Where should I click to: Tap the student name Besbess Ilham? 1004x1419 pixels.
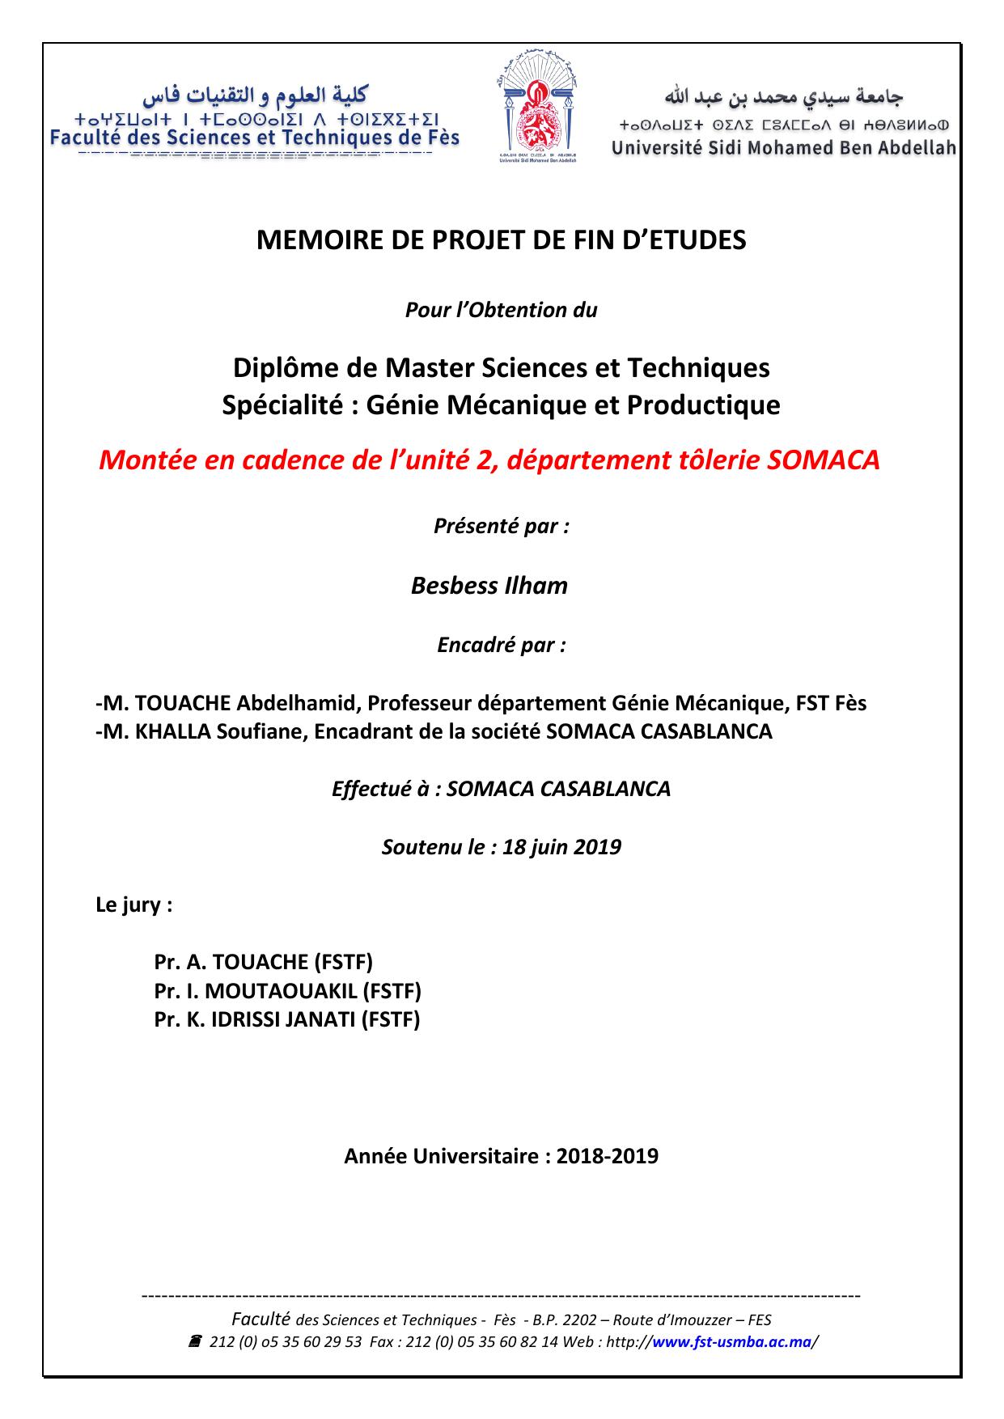click(x=489, y=585)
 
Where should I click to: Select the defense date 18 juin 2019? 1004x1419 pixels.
click(x=561, y=847)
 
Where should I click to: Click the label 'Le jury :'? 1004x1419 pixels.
click(x=134, y=904)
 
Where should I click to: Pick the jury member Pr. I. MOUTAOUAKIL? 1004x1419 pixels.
click(x=288, y=990)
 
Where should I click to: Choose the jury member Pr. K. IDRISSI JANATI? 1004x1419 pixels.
click(x=287, y=1019)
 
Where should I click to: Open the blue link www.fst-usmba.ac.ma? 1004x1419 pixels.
click(x=731, y=1342)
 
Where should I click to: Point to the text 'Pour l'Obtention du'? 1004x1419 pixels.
click(x=501, y=310)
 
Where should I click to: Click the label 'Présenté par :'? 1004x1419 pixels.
click(x=502, y=526)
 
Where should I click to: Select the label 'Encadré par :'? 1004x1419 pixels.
click(x=502, y=645)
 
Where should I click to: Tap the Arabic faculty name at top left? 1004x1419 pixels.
click(x=255, y=95)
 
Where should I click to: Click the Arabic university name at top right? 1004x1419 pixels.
click(x=783, y=97)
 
